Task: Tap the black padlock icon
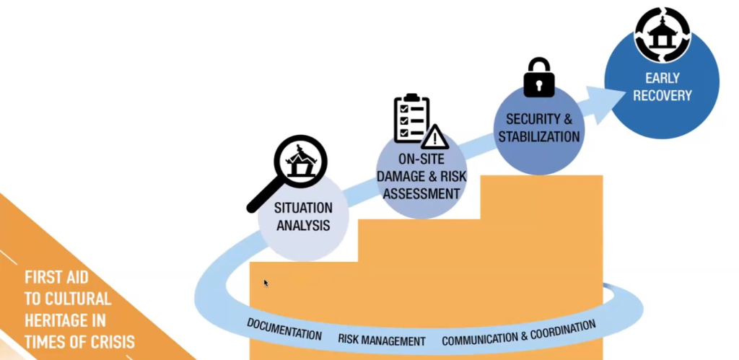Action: (x=538, y=77)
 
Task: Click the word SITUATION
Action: (x=303, y=208)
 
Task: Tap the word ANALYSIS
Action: (x=303, y=225)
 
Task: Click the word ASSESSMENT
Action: (x=421, y=193)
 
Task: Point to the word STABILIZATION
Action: (x=543, y=136)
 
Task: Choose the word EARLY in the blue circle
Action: (x=663, y=79)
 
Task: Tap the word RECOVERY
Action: (x=663, y=95)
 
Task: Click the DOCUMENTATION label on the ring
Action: (x=284, y=328)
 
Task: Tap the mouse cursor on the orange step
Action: (x=265, y=282)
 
